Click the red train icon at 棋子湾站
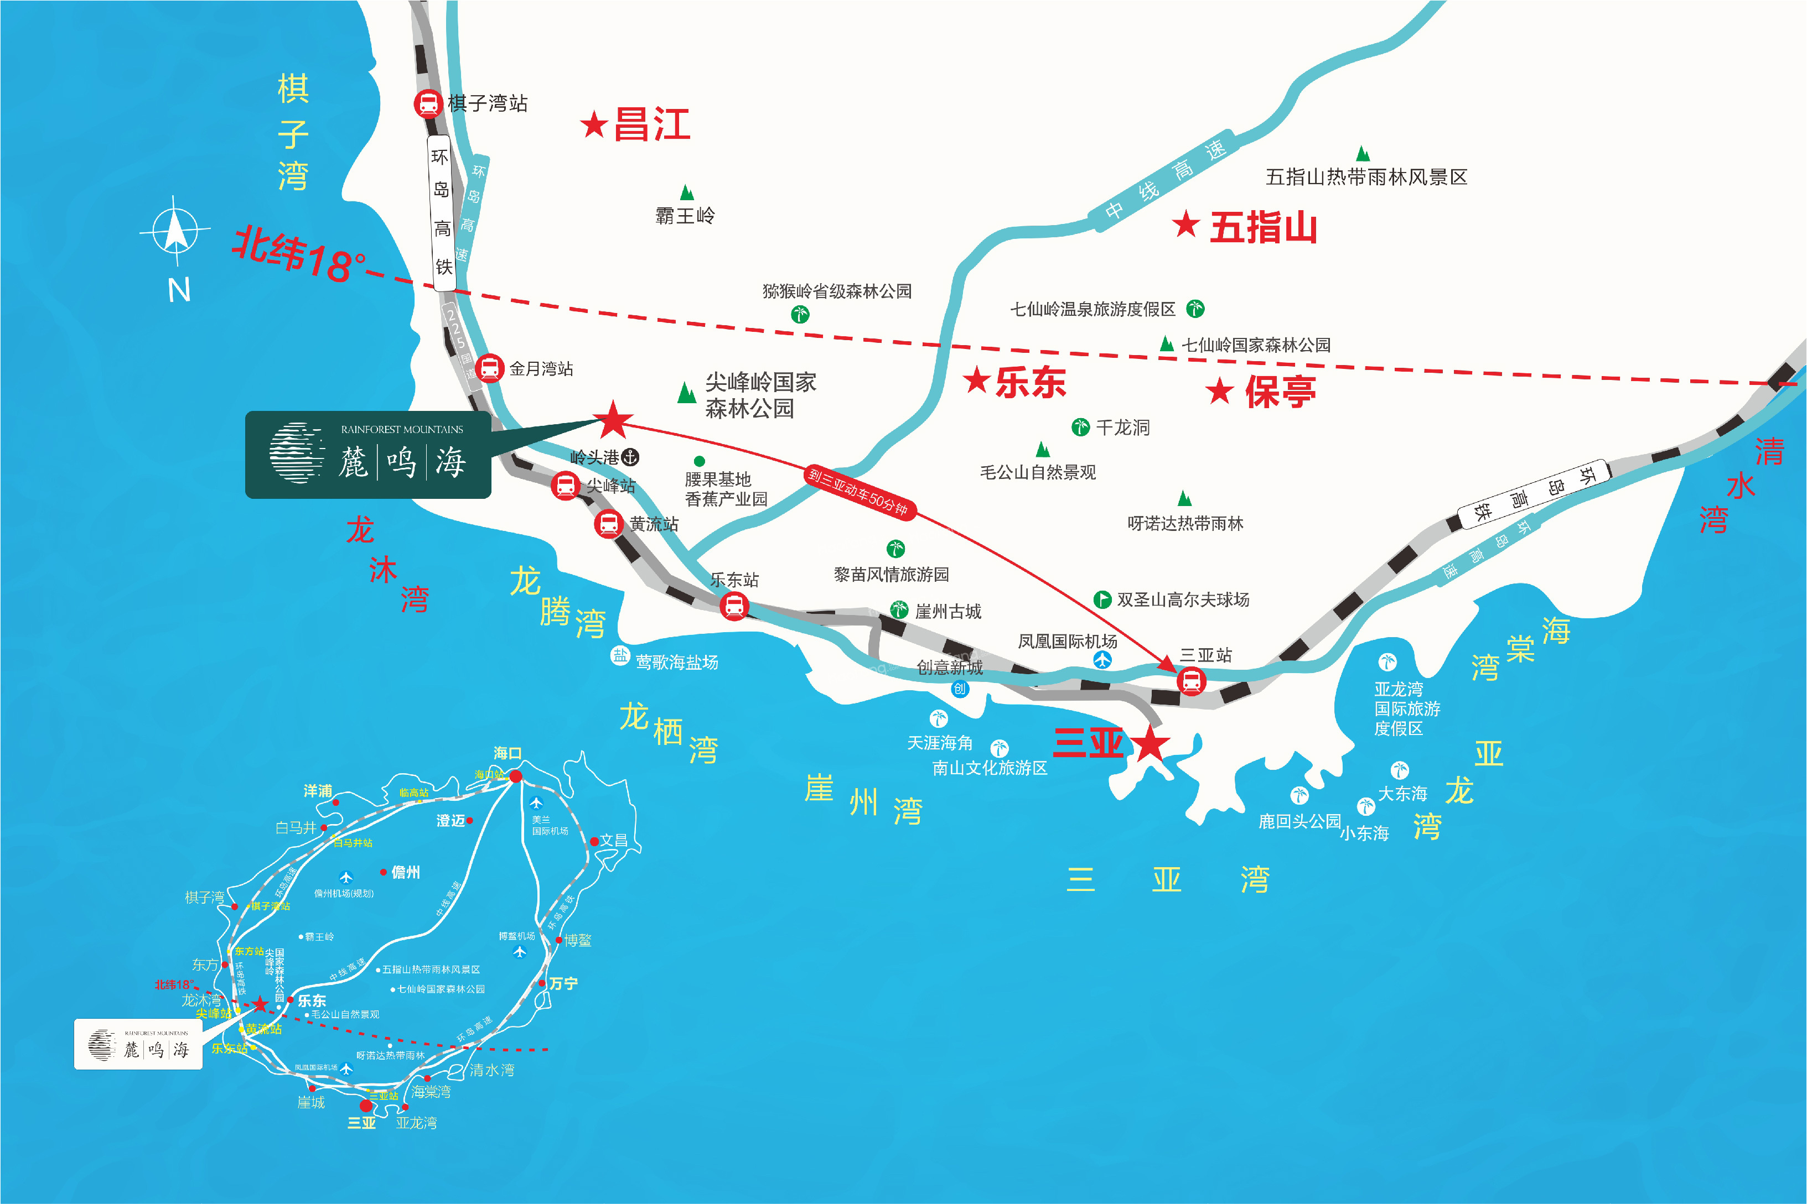pos(428,103)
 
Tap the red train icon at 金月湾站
pos(489,368)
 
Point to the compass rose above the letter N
pos(175,231)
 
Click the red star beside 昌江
pos(594,124)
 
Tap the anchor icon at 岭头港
pos(630,457)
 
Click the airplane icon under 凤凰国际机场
pos(1102,660)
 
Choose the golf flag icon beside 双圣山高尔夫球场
pos(1102,599)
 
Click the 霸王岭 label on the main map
pos(685,216)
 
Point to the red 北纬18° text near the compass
pos(299,254)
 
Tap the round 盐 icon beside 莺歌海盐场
pos(620,656)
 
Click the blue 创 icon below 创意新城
pos(960,689)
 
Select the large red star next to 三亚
pos(1151,743)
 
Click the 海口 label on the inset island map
pos(507,753)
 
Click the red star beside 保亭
pos(1219,392)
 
